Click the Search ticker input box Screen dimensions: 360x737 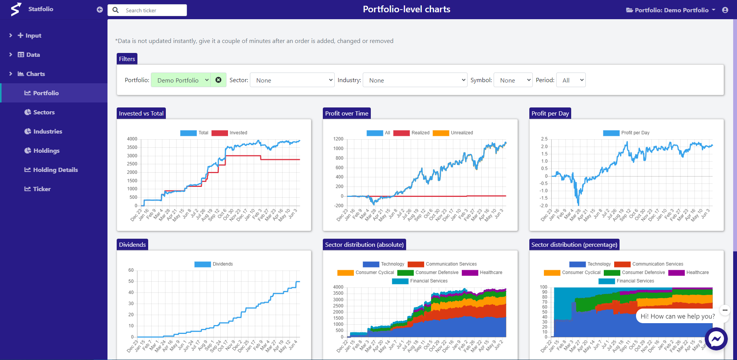[x=154, y=10]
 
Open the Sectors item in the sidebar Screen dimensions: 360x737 [x=44, y=112]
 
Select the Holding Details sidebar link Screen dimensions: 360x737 [x=55, y=170]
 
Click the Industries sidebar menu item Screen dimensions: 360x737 [x=48, y=131]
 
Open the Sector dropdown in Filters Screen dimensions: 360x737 [x=292, y=80]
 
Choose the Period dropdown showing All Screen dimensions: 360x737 [x=571, y=80]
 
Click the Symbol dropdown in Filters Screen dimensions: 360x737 [x=513, y=80]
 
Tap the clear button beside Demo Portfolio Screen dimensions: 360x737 [x=218, y=80]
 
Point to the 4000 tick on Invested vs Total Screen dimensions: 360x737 [x=132, y=139]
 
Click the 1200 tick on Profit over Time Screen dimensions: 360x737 [x=338, y=139]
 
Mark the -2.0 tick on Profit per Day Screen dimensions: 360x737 [x=544, y=206]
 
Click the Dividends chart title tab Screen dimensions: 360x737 [x=132, y=245]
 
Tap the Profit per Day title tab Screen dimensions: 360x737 [x=550, y=114]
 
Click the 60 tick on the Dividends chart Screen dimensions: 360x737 [x=131, y=270]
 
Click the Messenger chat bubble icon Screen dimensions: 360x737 [x=716, y=339]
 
